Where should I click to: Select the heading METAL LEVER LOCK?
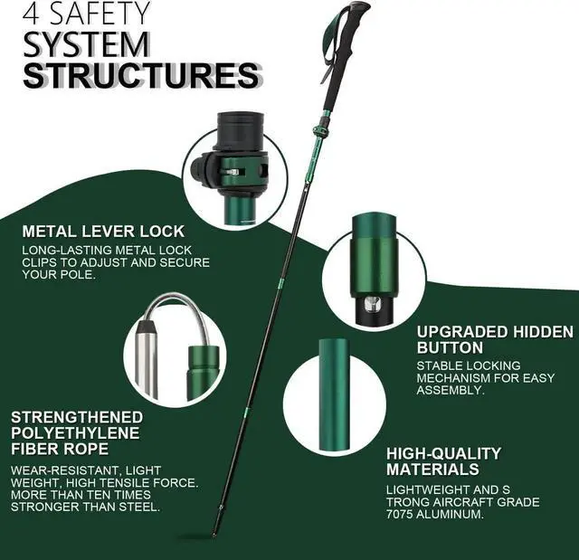(x=103, y=231)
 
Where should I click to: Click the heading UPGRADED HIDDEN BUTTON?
(x=494, y=339)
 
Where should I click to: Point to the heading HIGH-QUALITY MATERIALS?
(x=443, y=461)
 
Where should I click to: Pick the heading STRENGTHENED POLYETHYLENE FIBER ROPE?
(x=77, y=432)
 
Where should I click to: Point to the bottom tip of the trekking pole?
(x=214, y=534)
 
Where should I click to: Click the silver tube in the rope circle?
(x=147, y=357)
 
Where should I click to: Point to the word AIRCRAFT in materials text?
(x=463, y=502)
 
